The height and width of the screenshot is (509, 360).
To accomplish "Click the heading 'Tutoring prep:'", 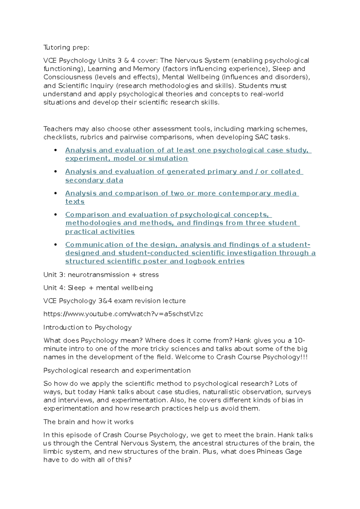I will [66, 47].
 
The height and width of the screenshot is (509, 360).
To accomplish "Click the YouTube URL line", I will [123, 314].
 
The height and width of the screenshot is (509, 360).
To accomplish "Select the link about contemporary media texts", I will [182, 193].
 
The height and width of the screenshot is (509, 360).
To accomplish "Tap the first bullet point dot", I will [55, 150].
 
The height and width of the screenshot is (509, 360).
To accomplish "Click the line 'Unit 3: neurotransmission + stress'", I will [101, 275].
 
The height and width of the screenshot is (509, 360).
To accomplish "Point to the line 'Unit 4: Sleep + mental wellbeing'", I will [98, 288].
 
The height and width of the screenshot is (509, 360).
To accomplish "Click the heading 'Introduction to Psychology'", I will [88, 327].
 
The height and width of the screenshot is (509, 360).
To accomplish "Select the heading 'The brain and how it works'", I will [88, 422].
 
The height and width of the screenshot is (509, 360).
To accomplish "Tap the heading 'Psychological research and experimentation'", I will [117, 370].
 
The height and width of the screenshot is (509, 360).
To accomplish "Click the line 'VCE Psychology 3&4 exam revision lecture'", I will [115, 301].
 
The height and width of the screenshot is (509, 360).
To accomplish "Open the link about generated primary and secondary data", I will [184, 172].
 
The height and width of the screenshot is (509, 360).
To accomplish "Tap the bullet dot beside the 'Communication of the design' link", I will [55, 245].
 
